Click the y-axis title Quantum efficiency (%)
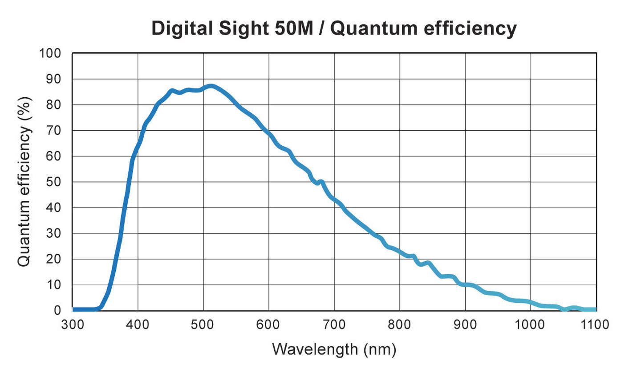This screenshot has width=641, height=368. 25,182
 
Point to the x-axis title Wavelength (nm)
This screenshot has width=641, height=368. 334,349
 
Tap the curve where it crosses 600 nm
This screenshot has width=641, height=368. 269,134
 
